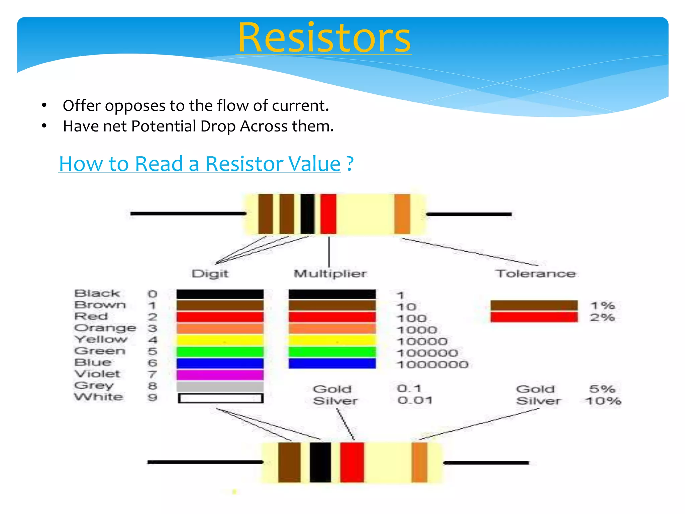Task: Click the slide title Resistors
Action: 324,37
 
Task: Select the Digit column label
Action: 210,273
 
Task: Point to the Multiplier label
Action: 330,273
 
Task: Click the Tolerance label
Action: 535,273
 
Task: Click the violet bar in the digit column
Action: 220,374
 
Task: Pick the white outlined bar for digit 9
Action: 220,398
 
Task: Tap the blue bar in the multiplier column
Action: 332,363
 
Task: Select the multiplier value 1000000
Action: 432,364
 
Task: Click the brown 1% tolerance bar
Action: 534,305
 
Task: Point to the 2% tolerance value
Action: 602,317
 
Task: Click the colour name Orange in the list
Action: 105,328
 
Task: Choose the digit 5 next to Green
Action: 153,351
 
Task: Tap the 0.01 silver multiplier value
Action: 415,400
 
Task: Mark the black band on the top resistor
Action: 307,214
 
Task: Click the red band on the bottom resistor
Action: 352,462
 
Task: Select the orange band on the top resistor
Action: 402,214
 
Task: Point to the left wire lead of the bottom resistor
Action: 205,462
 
